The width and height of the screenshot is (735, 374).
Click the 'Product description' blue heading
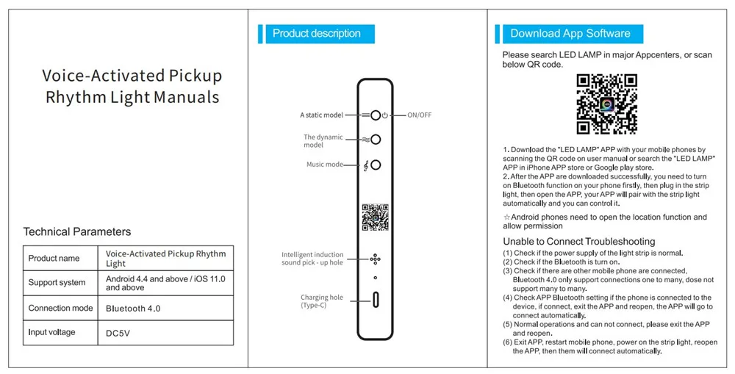pyautogui.click(x=316, y=34)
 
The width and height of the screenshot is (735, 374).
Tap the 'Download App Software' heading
pyautogui.click(x=570, y=34)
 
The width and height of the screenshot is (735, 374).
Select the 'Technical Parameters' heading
pyautogui.click(x=77, y=231)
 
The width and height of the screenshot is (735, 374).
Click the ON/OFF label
pyautogui.click(x=420, y=115)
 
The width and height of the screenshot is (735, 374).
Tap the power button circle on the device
pyautogui.click(x=376, y=115)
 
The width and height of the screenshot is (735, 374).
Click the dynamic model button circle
pyautogui.click(x=376, y=140)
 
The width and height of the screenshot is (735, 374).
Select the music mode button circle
pyautogui.click(x=376, y=165)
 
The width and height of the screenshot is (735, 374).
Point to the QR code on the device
pyautogui.click(x=375, y=217)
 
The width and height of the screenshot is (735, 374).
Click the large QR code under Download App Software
pyautogui.click(x=606, y=104)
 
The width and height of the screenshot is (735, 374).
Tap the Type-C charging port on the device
pyautogui.click(x=376, y=301)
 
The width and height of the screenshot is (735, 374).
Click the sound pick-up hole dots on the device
pyautogui.click(x=375, y=259)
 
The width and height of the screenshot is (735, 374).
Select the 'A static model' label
pyautogui.click(x=321, y=115)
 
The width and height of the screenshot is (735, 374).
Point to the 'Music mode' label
pyautogui.click(x=324, y=165)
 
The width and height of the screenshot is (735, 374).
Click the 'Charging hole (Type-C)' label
pyautogui.click(x=321, y=301)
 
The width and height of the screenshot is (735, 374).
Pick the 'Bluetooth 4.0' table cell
pyautogui.click(x=133, y=309)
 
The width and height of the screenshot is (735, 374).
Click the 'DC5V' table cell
pyautogui.click(x=117, y=333)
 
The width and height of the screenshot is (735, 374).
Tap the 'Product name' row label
pyautogui.click(x=54, y=258)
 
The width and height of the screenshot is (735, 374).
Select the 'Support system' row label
pyautogui.click(x=57, y=283)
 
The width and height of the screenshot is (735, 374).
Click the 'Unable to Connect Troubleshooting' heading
pyautogui.click(x=578, y=242)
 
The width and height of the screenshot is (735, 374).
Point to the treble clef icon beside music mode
pyautogui.click(x=366, y=165)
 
